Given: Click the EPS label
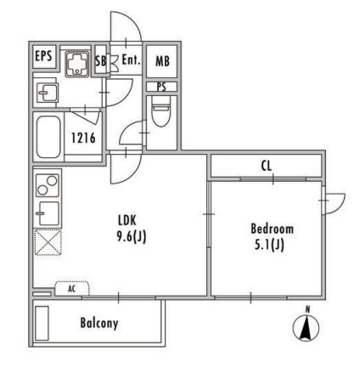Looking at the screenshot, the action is point(43,56).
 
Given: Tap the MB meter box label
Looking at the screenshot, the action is point(162,61).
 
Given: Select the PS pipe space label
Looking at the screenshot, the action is point(161,87).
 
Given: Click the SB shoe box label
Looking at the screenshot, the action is point(100,60).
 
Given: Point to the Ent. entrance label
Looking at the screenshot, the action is point(131,59).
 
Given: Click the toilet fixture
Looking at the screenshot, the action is point(161,110).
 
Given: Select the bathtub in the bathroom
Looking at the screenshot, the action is point(48,137).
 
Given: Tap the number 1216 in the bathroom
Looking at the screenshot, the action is point(83,139).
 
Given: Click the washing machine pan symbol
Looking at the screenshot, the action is point(77,65).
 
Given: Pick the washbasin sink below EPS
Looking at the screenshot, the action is point(48,93).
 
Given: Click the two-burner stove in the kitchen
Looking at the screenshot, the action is point(48,185).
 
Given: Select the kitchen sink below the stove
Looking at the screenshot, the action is point(48,213).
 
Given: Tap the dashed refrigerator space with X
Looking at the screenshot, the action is point(48,242).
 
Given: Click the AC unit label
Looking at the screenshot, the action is point(72,289).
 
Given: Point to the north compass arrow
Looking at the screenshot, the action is point(306,328).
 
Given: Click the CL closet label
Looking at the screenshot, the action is point(267,166).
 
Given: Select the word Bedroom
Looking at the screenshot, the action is point(272,229).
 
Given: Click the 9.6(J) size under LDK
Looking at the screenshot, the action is point(132,236).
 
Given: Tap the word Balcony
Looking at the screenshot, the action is point(99,323).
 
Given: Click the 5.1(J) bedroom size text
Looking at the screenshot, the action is point(269,245).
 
